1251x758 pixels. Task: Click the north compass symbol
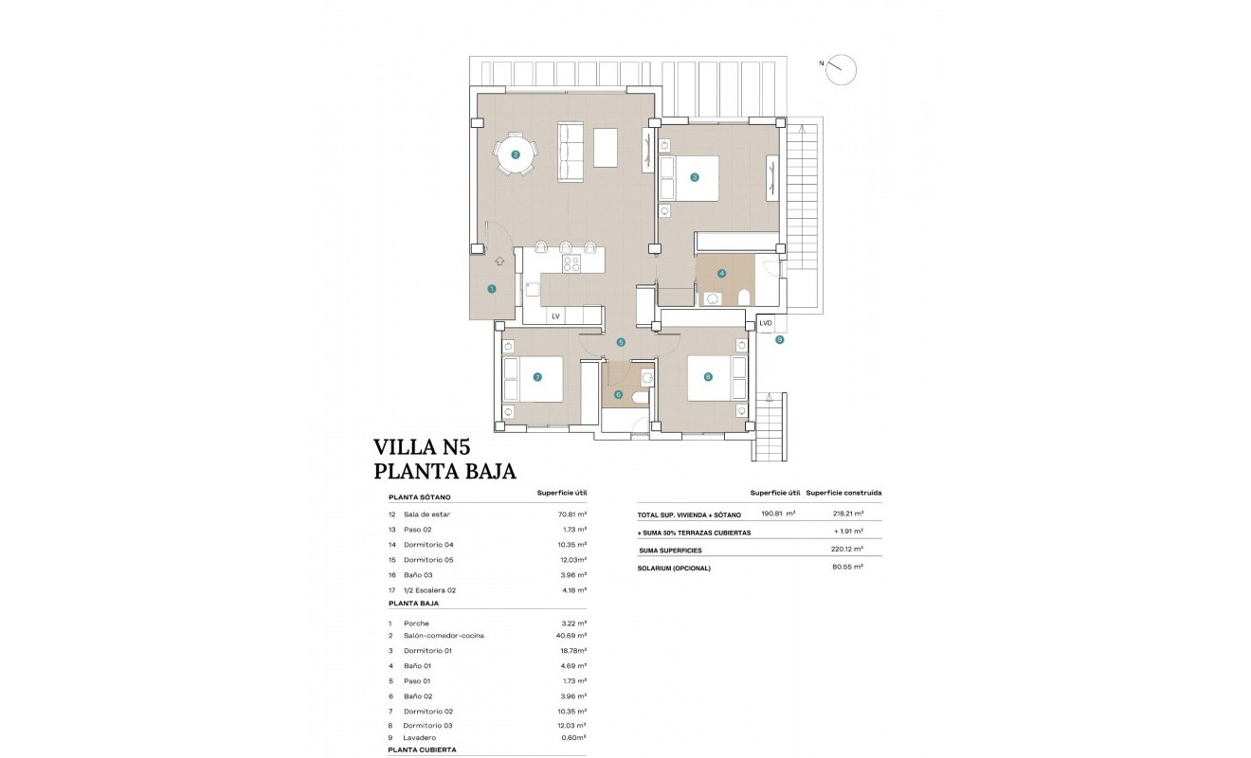tap(841, 69)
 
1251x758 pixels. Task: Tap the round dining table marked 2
tap(516, 154)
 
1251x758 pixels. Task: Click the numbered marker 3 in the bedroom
tap(695, 177)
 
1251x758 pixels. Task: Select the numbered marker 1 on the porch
tap(491, 289)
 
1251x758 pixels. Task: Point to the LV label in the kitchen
tap(555, 316)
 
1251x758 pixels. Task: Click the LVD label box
tap(766, 323)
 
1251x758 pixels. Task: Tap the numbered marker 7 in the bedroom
tap(537, 377)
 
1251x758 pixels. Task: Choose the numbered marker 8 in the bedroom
tap(708, 377)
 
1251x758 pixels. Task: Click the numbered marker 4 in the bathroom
tap(722, 274)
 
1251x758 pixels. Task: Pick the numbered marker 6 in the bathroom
tap(618, 395)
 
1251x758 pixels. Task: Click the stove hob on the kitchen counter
tap(571, 263)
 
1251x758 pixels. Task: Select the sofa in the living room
tap(571, 152)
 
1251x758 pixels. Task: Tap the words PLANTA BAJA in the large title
tap(444, 472)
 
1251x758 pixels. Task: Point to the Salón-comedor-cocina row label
tap(444, 636)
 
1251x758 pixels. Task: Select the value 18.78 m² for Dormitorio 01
tap(571, 651)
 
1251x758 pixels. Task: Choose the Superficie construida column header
tap(843, 494)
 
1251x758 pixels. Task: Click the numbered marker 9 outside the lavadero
tap(780, 339)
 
